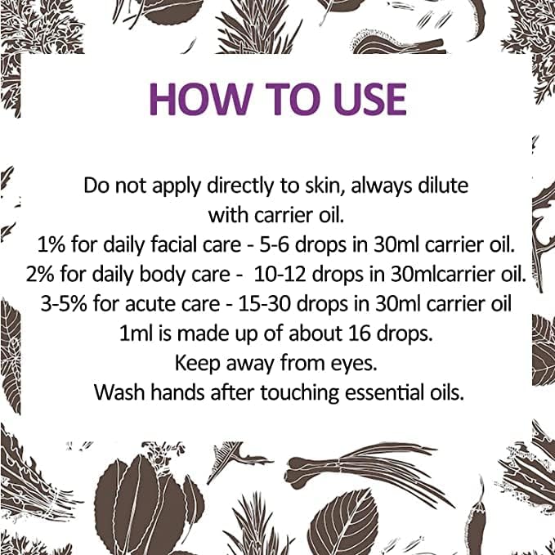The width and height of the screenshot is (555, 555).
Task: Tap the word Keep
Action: pos(199,362)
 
